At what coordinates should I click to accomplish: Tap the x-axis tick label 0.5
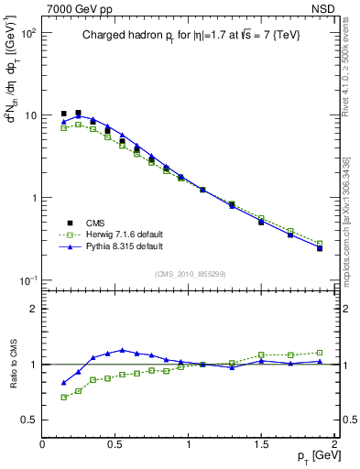pos(115,443)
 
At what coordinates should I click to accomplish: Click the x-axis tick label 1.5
pos(261,443)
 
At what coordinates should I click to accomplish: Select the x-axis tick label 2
pos(334,443)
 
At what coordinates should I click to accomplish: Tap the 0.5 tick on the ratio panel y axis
pos(30,420)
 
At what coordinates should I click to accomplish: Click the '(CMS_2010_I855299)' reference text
pos(189,273)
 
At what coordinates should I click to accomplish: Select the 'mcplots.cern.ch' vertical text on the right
pos(350,229)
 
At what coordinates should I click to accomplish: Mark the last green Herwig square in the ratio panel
pos(320,352)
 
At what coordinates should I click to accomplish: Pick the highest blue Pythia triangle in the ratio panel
pos(122,350)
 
